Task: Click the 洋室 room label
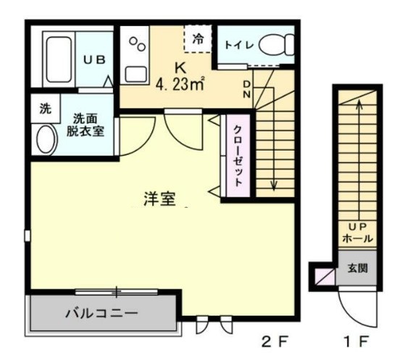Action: [x=159, y=199]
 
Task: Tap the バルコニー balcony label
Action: [x=101, y=314]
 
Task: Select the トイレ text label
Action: [x=238, y=45]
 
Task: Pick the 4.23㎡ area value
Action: [x=179, y=85]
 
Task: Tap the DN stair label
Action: [x=246, y=91]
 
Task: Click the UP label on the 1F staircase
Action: [x=356, y=225]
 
